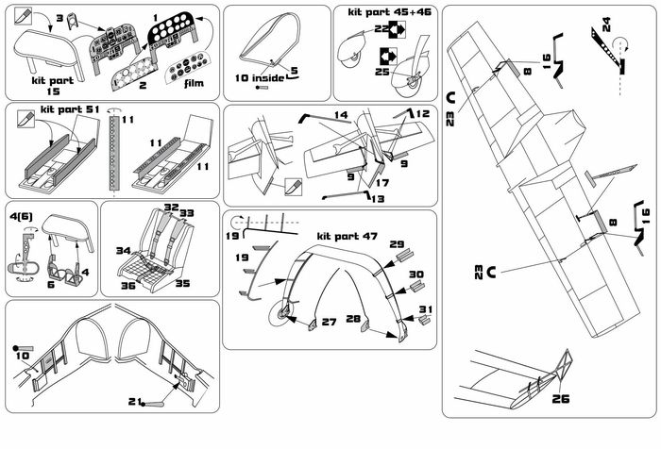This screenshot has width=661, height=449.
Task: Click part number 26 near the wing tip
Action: click(x=561, y=397)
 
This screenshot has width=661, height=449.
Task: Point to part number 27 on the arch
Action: click(x=328, y=323)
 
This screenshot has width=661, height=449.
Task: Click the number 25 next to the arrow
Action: click(x=383, y=72)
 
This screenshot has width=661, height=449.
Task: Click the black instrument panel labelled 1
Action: click(x=175, y=35)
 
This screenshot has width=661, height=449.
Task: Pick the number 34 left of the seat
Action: click(x=122, y=251)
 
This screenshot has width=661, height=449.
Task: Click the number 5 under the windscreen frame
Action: click(x=294, y=70)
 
